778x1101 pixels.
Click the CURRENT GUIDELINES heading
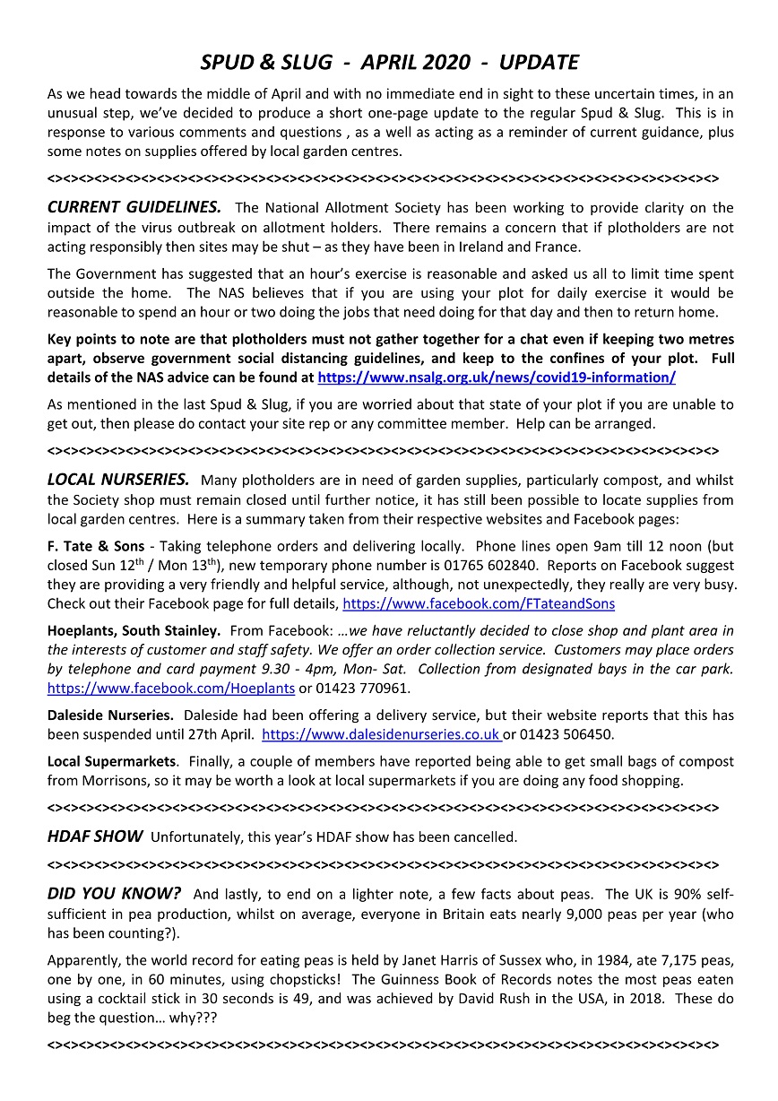134,207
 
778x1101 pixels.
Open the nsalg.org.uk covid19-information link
497,377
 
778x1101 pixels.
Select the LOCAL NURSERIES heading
118,480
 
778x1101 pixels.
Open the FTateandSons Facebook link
479,604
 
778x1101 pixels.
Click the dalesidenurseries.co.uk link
380,735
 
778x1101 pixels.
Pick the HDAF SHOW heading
95,837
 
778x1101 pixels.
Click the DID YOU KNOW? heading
114,894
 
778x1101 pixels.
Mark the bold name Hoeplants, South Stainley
134,630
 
